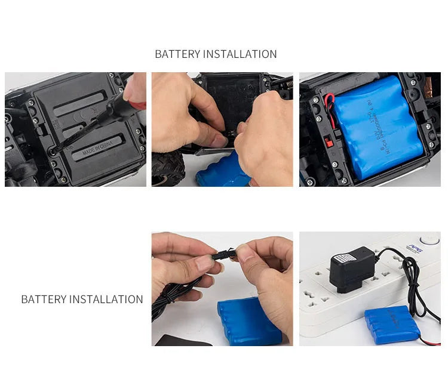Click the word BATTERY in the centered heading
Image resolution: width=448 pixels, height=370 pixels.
coord(177,54)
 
